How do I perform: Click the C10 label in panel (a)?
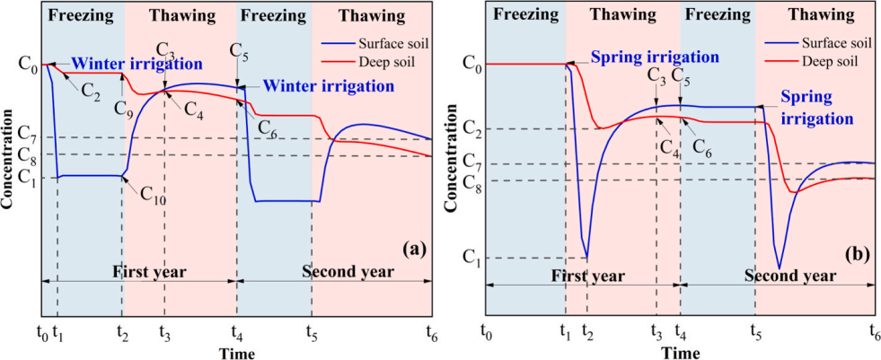click(x=154, y=197)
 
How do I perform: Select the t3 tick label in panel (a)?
click(x=164, y=331)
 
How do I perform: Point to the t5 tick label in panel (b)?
click(x=754, y=331)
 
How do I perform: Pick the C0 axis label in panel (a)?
click(x=28, y=65)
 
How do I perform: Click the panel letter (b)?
click(x=858, y=255)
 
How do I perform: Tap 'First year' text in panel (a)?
click(x=147, y=269)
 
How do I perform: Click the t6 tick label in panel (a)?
click(x=432, y=331)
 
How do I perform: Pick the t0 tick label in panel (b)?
click(x=487, y=331)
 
